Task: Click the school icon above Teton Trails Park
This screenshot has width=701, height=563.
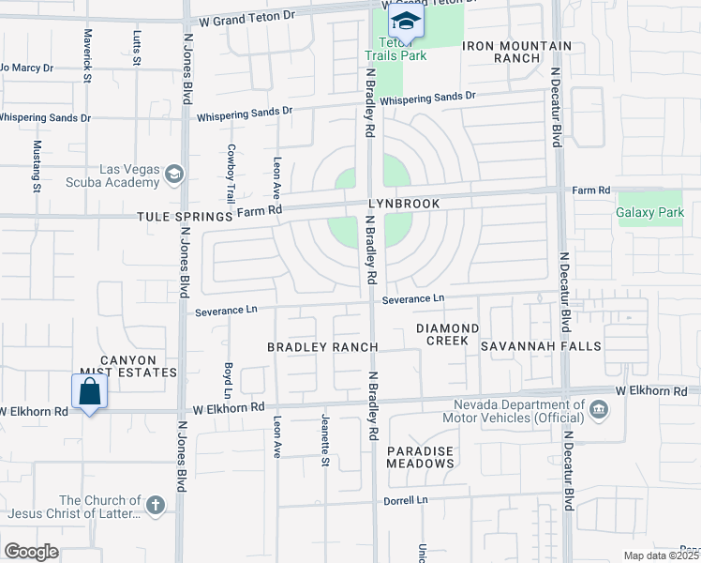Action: (x=405, y=21)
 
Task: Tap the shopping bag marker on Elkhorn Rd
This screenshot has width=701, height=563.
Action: (x=90, y=391)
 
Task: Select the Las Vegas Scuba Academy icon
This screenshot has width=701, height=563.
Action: (x=174, y=174)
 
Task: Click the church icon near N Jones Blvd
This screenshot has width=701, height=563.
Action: (x=156, y=507)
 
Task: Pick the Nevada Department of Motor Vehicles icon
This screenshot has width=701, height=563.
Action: (x=598, y=411)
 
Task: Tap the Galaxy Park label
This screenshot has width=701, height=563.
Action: (x=649, y=212)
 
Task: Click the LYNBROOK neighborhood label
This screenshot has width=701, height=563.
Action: (x=404, y=203)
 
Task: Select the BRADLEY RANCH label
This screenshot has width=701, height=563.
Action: (x=322, y=347)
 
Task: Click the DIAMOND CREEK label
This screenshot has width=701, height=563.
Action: (x=448, y=335)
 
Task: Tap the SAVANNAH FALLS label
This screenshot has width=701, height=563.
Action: (x=542, y=346)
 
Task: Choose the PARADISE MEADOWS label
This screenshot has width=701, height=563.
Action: (x=421, y=458)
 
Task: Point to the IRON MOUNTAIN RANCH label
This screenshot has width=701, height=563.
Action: (x=516, y=52)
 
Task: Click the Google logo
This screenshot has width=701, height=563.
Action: (x=31, y=552)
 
